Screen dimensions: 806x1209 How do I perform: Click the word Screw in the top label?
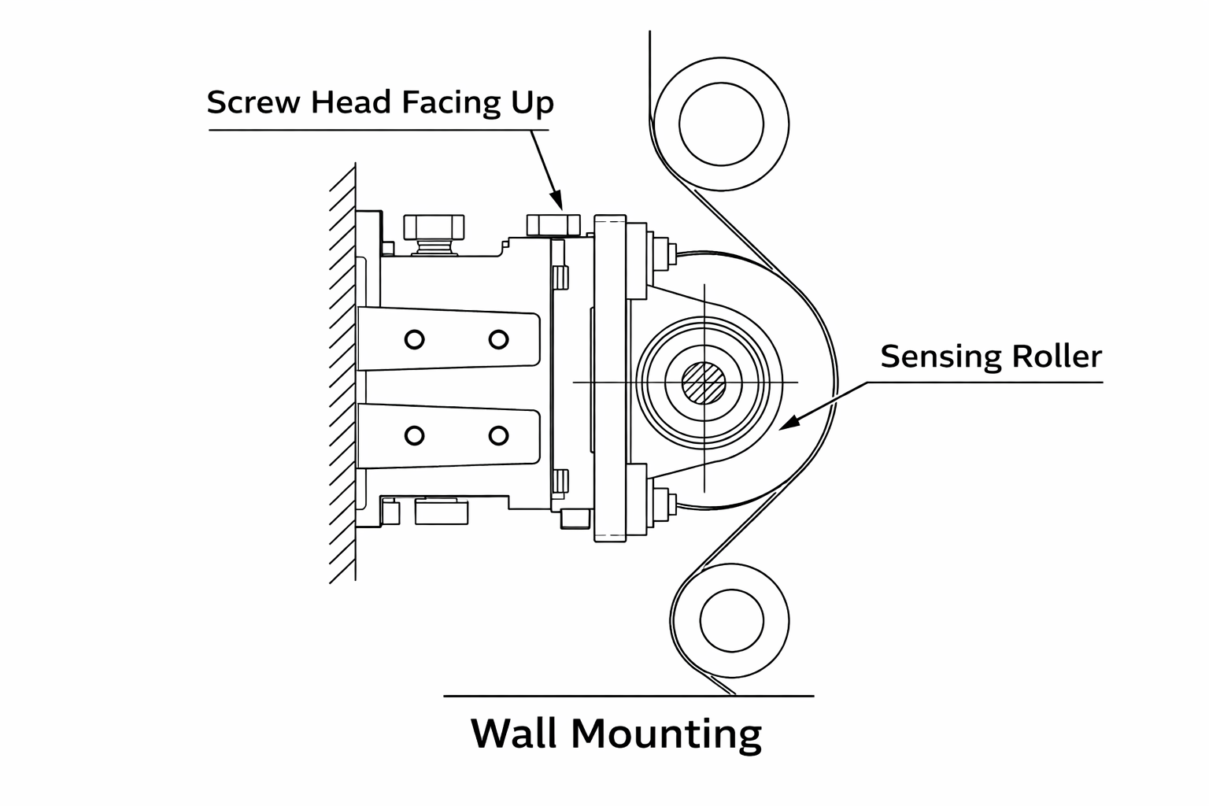[x=256, y=102]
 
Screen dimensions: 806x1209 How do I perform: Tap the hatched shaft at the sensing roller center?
[x=704, y=383]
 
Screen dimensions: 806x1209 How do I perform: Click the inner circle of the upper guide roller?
[x=721, y=123]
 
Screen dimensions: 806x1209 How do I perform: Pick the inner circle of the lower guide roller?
[x=730, y=619]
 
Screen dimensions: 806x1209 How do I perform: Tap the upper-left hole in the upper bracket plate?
[x=414, y=339]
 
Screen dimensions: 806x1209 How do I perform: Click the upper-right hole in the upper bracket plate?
[x=498, y=339]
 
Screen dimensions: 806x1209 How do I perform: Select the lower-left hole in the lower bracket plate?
[x=414, y=435]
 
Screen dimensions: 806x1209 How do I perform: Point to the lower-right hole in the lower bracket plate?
[x=498, y=435]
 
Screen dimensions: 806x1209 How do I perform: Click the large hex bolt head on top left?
[x=434, y=227]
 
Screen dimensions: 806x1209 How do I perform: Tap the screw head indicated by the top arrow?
[x=552, y=225]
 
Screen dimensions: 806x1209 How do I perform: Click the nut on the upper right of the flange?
[x=661, y=252]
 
